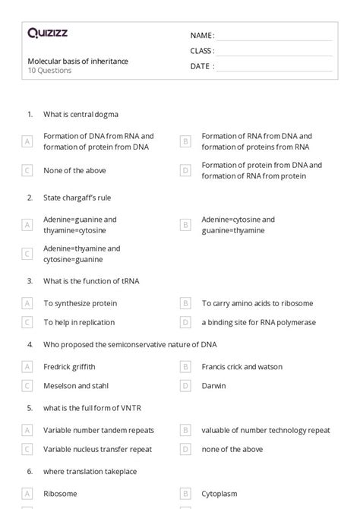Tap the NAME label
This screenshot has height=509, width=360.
201,36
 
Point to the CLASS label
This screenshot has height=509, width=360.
202,51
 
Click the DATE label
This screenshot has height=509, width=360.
201,66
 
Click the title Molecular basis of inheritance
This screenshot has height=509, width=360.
78,62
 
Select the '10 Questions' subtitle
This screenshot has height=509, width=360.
50,71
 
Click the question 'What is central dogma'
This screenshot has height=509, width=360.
81,114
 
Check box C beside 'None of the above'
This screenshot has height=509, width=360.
27,171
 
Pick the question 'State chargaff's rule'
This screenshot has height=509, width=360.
77,198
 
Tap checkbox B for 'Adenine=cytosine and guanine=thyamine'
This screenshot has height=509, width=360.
185,225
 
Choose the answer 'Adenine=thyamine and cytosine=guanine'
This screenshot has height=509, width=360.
81,254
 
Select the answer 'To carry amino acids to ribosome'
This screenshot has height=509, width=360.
257,303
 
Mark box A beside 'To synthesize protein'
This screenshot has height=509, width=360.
27,303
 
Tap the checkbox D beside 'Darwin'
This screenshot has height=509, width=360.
185,386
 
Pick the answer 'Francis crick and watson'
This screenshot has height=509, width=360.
242,366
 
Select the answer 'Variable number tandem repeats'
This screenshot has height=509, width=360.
98,430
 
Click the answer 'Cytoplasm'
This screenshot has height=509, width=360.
219,493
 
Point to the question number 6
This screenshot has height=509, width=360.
30,471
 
